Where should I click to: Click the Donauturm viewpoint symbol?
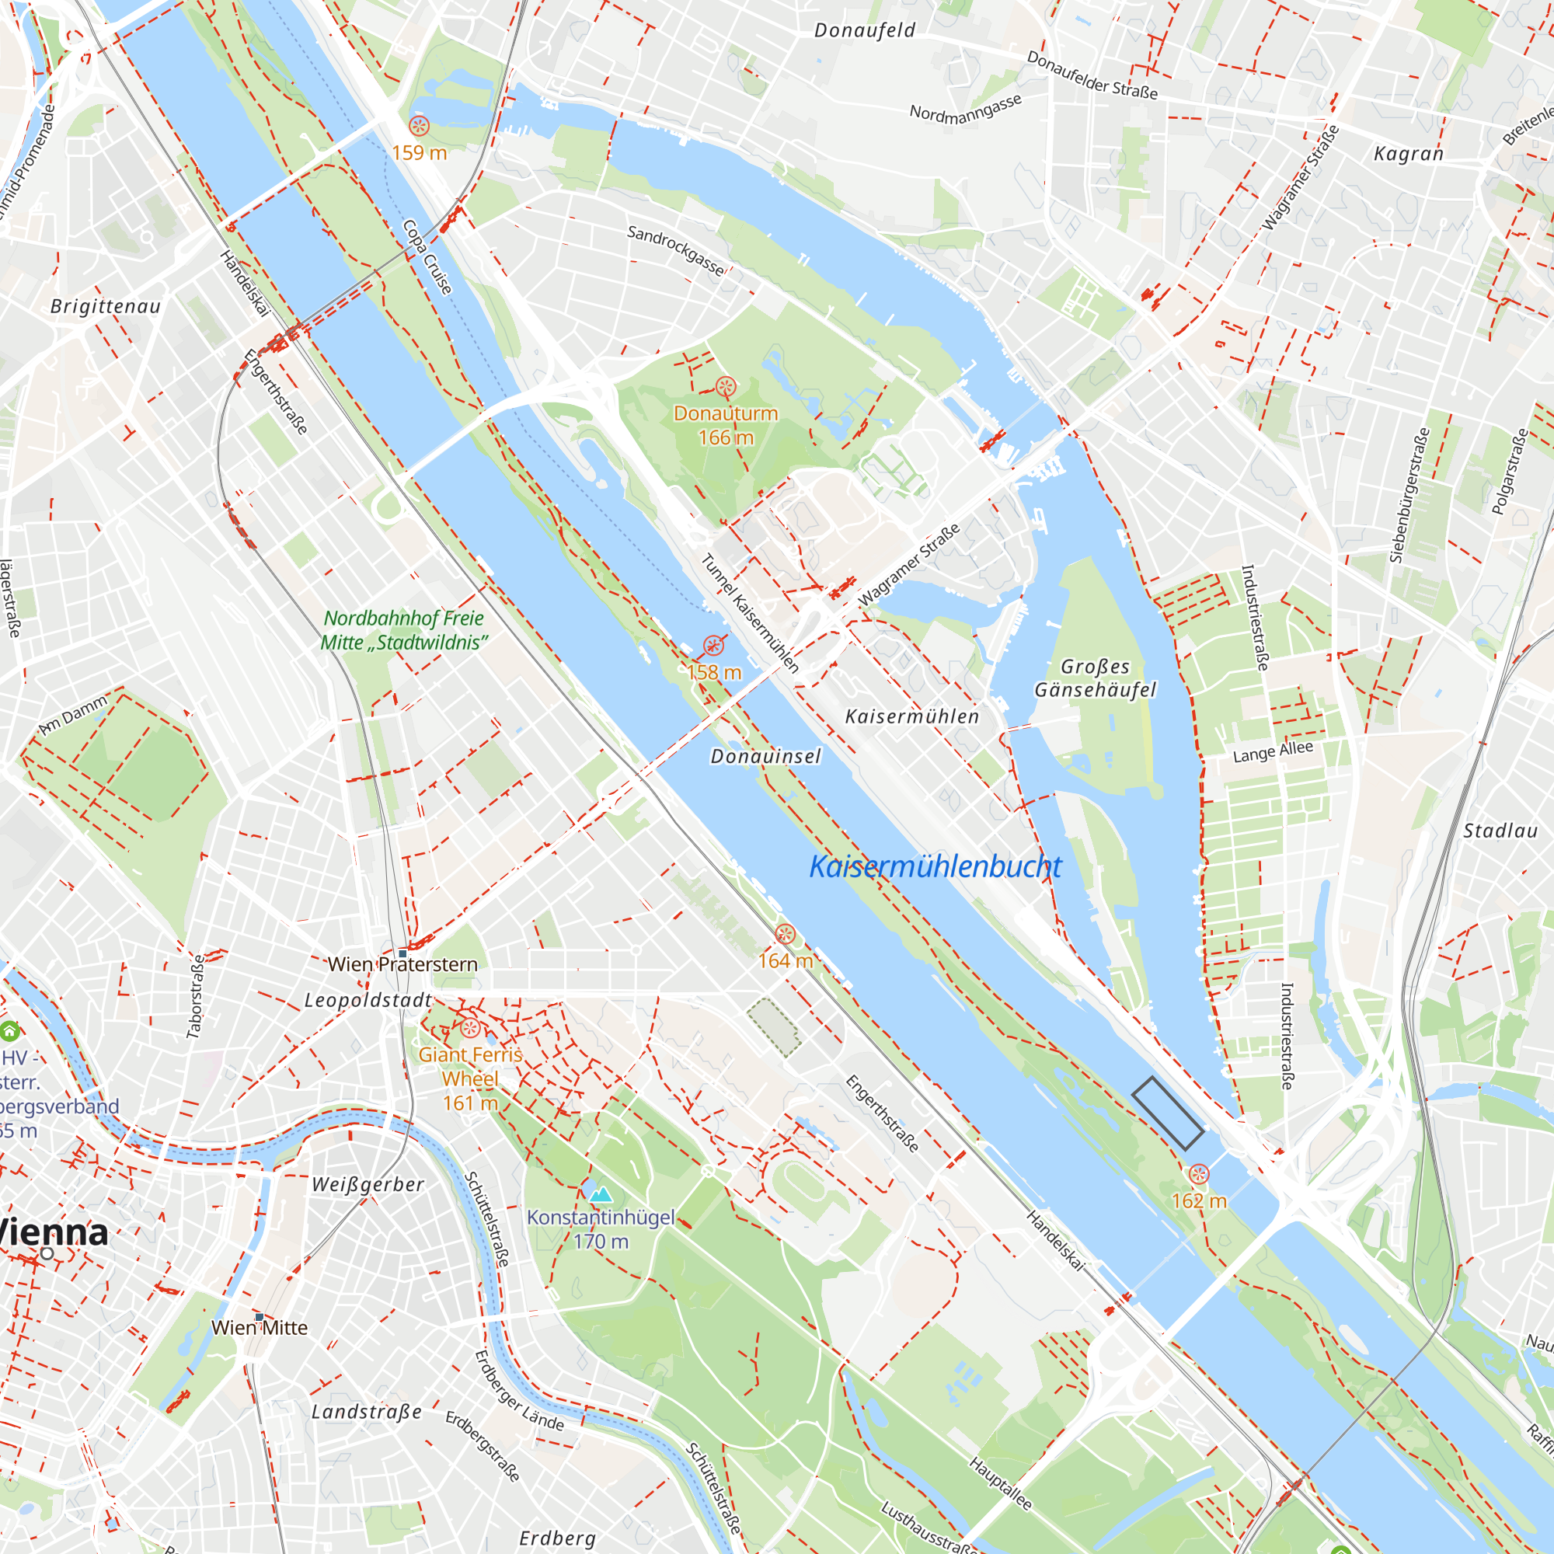click(726, 387)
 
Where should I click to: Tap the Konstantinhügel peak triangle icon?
click(601, 1194)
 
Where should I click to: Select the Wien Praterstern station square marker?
click(403, 953)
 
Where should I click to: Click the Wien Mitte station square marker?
click(259, 1318)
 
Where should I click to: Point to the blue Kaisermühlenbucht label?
click(935, 866)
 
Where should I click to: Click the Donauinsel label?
click(766, 756)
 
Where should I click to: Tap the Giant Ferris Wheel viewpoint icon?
click(471, 1028)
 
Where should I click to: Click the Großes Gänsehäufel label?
click(1095, 678)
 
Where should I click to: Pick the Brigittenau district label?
click(106, 306)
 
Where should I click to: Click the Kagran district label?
click(1408, 154)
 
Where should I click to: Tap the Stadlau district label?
click(1500, 831)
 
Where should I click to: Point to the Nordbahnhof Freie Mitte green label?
click(404, 630)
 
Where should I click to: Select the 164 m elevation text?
click(785, 960)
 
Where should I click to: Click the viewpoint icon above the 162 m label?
click(1198, 1174)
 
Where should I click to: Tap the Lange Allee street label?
click(1273, 752)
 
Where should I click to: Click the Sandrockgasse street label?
click(676, 250)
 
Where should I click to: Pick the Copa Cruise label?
click(427, 256)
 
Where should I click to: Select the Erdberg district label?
click(557, 1538)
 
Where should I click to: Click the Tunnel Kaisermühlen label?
click(750, 614)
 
